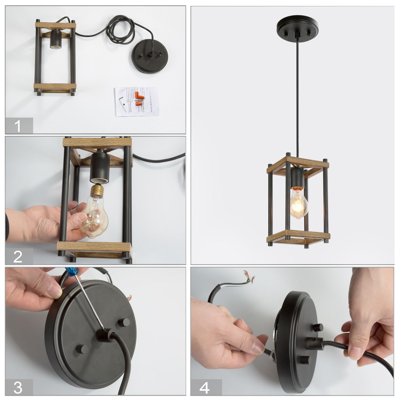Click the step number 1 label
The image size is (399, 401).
click(18, 126)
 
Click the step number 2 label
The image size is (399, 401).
click(18, 256)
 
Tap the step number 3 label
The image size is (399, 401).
click(18, 388)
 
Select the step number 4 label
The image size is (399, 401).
click(205, 388)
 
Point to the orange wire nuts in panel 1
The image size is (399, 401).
click(138, 99)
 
